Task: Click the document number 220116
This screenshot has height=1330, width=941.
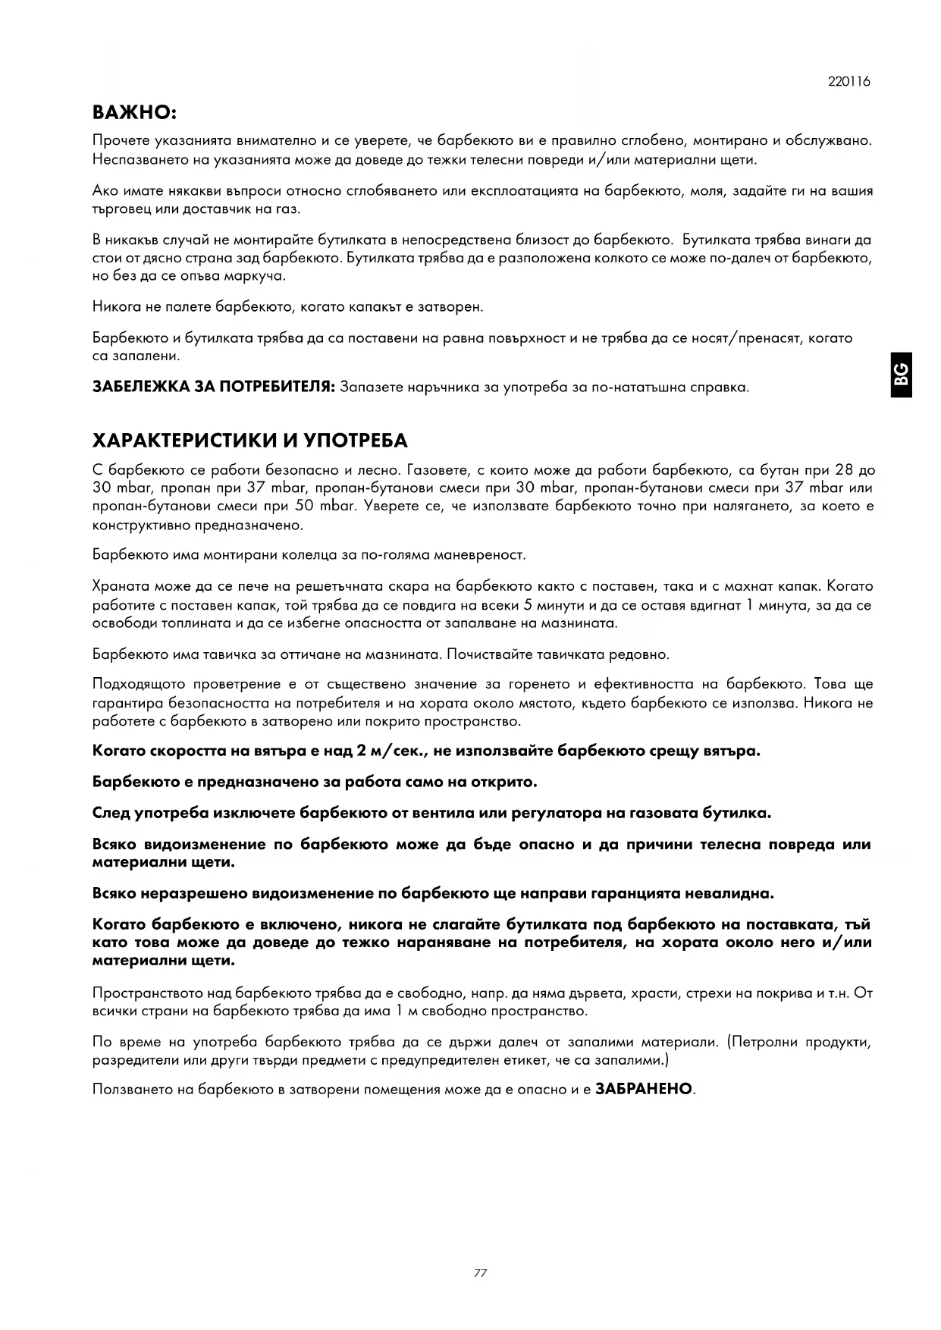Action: tap(849, 82)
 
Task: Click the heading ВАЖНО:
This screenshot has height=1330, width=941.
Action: tap(134, 113)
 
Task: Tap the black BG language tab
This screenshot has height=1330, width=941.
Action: tap(901, 375)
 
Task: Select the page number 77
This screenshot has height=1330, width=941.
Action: tap(480, 1272)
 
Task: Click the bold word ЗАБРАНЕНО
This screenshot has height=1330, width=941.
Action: tap(644, 1089)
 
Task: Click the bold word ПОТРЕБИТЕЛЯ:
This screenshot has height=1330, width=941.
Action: tap(277, 387)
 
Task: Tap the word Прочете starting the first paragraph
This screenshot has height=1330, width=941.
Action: tap(120, 140)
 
